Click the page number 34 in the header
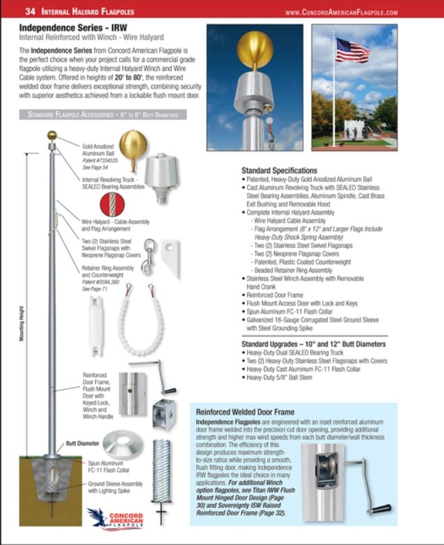30,11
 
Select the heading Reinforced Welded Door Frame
245,411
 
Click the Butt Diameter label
83,443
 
